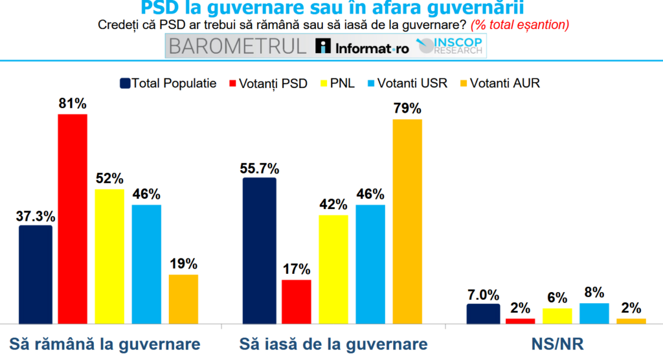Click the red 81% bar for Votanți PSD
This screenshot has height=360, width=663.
pyautogui.click(x=73, y=218)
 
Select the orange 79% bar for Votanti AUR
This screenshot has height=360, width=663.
pyautogui.click(x=407, y=221)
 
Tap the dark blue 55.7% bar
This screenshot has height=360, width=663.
pyautogui.click(x=259, y=250)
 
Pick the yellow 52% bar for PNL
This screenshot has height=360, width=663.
pyautogui.click(x=109, y=256)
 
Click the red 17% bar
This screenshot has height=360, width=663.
pyautogui.click(x=297, y=301)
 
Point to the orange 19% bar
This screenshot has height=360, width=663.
pyautogui.click(x=183, y=298)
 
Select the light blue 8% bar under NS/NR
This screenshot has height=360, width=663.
pyautogui.click(x=594, y=313)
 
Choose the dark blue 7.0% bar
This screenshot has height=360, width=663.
pyautogui.click(x=483, y=313)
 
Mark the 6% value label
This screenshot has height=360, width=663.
pyautogui.click(x=557, y=298)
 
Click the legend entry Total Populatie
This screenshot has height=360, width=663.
pyautogui.click(x=168, y=84)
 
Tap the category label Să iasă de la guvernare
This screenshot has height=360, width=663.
pyautogui.click(x=333, y=343)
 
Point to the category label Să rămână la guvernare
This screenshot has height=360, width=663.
pyautogui.click(x=105, y=343)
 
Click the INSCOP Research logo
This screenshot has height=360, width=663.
pyautogui.click(x=451, y=46)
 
